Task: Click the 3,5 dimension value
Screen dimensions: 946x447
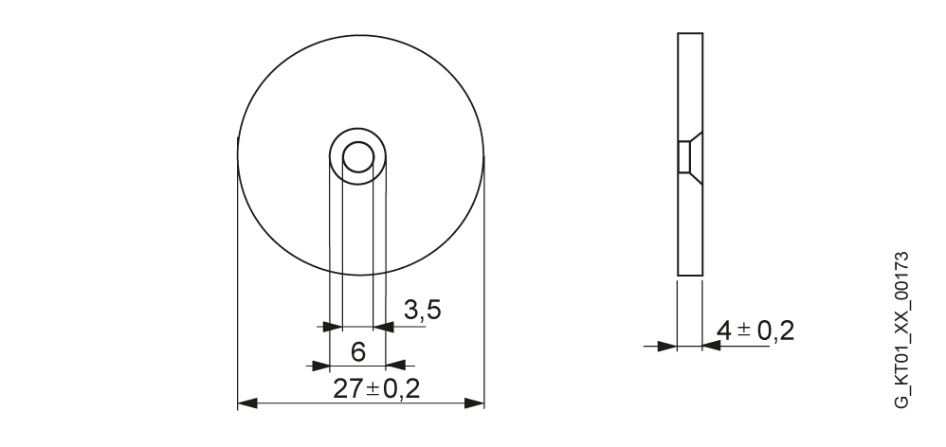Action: [x=423, y=310]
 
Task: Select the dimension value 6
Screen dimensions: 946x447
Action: [x=358, y=351]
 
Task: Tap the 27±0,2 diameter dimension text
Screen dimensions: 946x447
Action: [x=376, y=389]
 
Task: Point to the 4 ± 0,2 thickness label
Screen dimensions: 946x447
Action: [x=755, y=331]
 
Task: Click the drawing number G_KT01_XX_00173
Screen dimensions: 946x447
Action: [x=901, y=330]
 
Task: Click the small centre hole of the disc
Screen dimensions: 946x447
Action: [x=358, y=157]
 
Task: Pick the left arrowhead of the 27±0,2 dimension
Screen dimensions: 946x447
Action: [x=247, y=403]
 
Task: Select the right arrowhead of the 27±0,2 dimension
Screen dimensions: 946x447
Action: [x=474, y=403]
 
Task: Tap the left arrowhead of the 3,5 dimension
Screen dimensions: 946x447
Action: [x=333, y=327]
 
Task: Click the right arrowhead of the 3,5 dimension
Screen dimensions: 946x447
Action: [x=384, y=327]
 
